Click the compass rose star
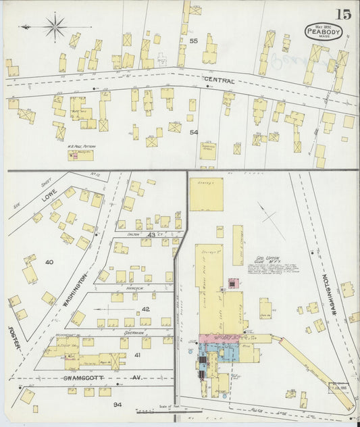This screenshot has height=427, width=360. [x=55, y=28]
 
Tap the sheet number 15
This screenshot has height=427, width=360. [x=342, y=14]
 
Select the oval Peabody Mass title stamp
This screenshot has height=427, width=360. [x=323, y=31]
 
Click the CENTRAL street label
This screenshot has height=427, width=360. [x=220, y=81]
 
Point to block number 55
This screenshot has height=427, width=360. [x=193, y=41]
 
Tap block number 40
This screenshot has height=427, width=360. [x=49, y=262]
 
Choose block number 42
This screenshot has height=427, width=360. [x=145, y=309]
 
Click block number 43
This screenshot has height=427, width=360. [x=153, y=234]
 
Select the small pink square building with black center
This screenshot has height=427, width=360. [x=234, y=284]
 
